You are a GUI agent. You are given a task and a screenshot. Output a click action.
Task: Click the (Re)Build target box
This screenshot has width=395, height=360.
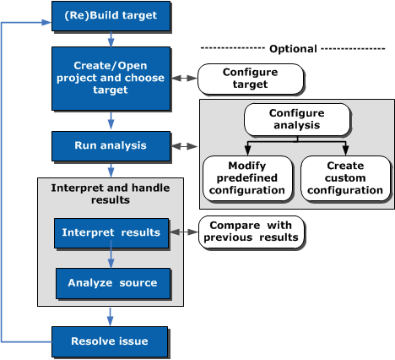coord(111,16)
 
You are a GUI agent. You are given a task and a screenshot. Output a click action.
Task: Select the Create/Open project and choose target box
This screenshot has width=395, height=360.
coord(111,79)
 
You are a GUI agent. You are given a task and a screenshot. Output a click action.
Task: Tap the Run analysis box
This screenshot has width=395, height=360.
coord(111,146)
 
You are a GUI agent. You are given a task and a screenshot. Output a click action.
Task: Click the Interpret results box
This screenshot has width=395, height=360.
coord(111,233)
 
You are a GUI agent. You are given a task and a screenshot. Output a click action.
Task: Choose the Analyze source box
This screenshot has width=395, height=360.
coord(113,283)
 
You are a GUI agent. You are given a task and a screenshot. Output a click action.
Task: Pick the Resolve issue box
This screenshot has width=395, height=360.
coord(110,341)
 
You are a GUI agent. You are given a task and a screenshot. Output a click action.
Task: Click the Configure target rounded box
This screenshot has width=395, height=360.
coord(251,79)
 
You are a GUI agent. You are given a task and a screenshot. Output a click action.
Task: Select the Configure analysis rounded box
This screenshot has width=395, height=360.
coord(297,119)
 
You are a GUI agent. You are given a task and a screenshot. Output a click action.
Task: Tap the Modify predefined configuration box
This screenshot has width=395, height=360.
coord(247,178)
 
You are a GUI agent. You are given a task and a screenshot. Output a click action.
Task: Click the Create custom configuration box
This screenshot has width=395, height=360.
coord(345,178)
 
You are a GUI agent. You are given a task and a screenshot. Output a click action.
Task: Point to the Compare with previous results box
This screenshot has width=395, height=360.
coord(252,232)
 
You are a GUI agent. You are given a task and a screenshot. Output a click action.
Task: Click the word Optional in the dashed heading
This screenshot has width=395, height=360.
coord(293,49)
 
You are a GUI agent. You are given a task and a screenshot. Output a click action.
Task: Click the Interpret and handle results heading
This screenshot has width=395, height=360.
coord(111,194)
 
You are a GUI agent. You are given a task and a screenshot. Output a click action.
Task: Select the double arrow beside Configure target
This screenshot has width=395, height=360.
coord(184,78)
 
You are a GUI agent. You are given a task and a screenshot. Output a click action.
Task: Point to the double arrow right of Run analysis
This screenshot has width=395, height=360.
coord(185,146)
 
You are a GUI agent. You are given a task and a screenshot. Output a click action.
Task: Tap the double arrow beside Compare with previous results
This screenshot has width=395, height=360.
coord(184,232)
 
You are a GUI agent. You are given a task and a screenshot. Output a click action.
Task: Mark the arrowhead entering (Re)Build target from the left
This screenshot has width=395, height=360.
coord(46,23)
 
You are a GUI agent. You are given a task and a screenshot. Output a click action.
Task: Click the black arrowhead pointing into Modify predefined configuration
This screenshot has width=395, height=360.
coord(247,150)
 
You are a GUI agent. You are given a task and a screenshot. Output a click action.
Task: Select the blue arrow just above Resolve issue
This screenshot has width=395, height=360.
coord(110,317)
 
